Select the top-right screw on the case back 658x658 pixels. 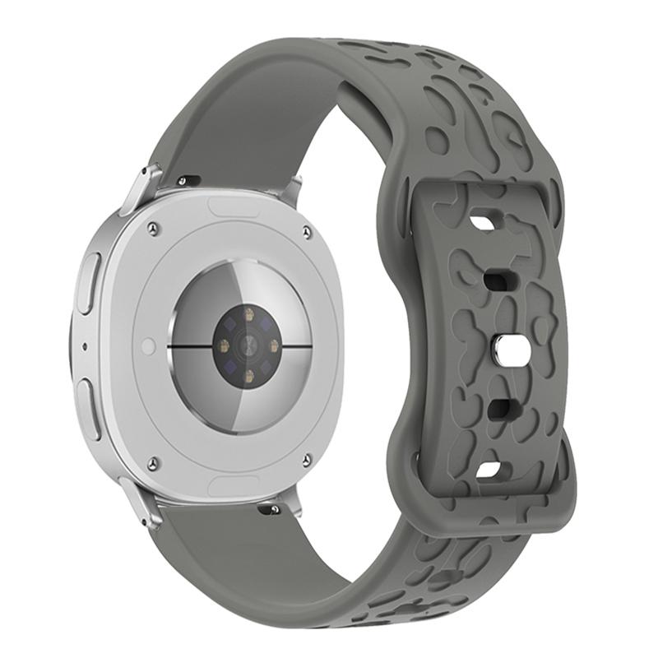tap(307, 232)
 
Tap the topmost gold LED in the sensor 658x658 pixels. tap(248, 312)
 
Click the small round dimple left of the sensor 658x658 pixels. tap(148, 346)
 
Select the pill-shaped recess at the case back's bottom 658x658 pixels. tap(234, 485)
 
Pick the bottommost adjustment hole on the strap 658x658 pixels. tap(491, 470)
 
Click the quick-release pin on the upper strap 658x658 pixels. tap(188, 178)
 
